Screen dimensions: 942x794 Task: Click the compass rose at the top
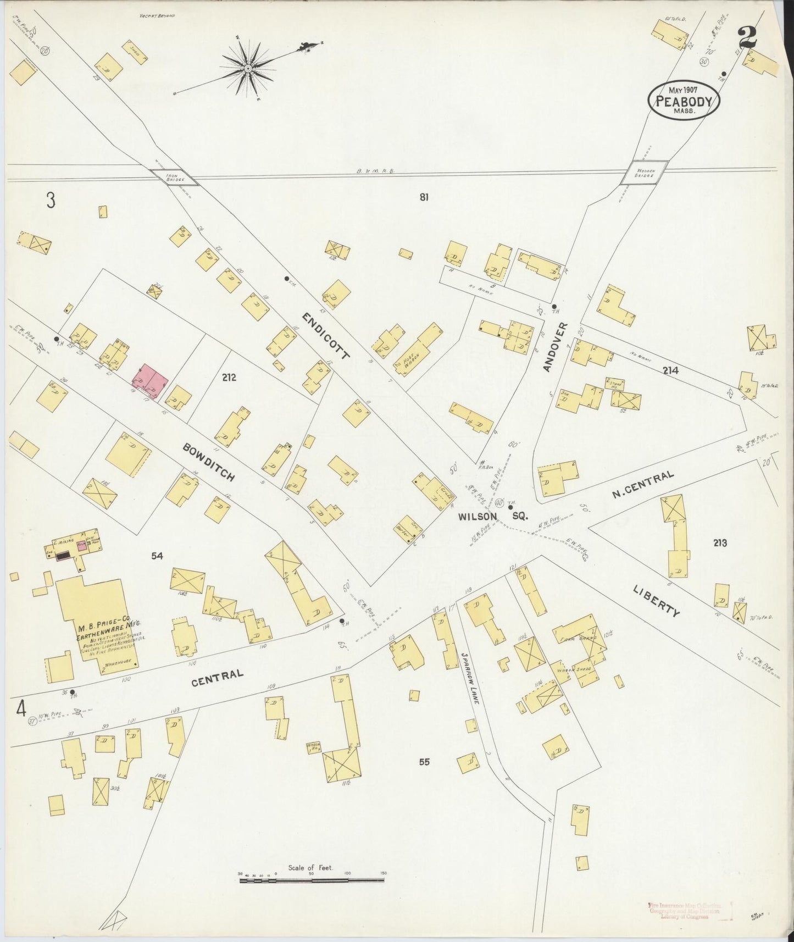[x=248, y=68]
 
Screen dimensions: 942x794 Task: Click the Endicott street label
[x=325, y=336]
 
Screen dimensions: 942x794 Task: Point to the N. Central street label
[x=643, y=485]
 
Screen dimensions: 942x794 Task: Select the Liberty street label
[x=656, y=601]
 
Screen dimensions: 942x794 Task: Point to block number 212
[x=229, y=377]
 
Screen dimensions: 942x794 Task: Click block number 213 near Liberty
[x=720, y=543]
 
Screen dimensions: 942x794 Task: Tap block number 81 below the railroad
[x=424, y=197]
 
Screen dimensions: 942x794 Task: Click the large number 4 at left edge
[x=21, y=709]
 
